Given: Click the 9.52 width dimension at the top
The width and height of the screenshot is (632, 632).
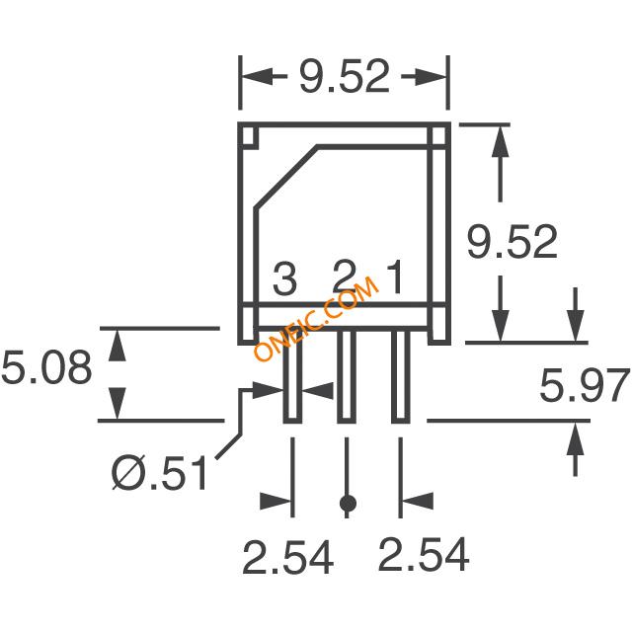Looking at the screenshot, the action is pyautogui.click(x=345, y=76).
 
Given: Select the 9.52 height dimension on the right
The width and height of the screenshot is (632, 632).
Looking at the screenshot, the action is pyautogui.click(x=513, y=241).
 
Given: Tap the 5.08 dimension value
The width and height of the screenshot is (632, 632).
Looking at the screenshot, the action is pyautogui.click(x=46, y=367).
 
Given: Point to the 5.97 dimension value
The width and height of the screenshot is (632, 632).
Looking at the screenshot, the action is pyautogui.click(x=585, y=386).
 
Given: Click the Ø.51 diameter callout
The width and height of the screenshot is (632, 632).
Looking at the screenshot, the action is pyautogui.click(x=160, y=472).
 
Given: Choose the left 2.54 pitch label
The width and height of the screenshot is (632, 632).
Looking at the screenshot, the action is pyautogui.click(x=287, y=557).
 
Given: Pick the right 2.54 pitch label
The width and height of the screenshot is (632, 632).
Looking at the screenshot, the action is pyautogui.click(x=424, y=554).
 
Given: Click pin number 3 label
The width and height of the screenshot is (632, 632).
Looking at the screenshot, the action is pyautogui.click(x=285, y=278).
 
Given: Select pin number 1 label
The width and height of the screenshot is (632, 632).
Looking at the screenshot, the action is pyautogui.click(x=395, y=277).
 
